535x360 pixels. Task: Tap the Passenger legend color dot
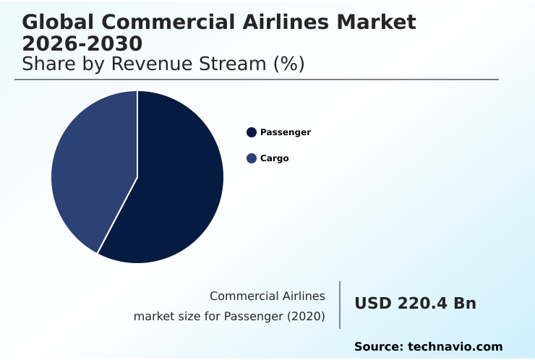pyautogui.click(x=252, y=132)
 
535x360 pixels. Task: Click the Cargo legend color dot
pyautogui.click(x=252, y=158)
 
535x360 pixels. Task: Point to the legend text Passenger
pyautogui.click(x=286, y=132)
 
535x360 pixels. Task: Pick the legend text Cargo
pyautogui.click(x=274, y=158)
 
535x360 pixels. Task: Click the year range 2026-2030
pyautogui.click(x=82, y=43)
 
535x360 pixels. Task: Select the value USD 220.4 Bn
pyautogui.click(x=415, y=304)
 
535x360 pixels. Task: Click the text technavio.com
pyautogui.click(x=455, y=347)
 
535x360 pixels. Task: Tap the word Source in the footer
pyautogui.click(x=378, y=347)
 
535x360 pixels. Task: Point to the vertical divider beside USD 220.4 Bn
pyautogui.click(x=340, y=305)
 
